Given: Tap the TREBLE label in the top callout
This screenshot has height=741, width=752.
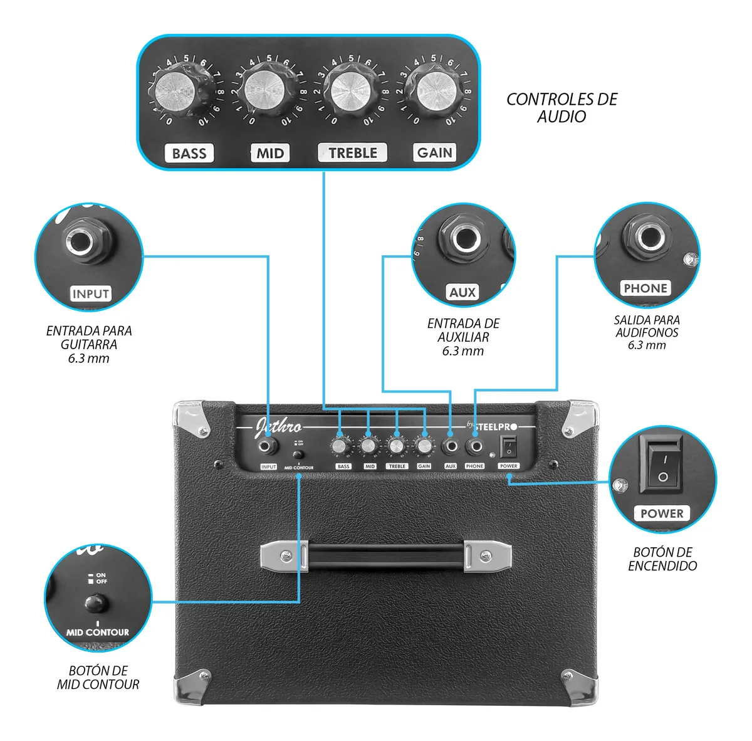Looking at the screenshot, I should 353,153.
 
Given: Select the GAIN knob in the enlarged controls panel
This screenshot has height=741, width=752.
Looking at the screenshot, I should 434,91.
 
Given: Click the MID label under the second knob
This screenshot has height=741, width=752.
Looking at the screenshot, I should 270,154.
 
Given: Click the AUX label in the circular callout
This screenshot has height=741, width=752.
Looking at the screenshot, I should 462,292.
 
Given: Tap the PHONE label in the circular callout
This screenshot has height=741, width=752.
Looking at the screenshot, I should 645,288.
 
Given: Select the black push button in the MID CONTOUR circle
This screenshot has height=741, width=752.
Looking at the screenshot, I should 95,604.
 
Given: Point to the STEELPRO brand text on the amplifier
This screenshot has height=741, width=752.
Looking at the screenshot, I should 495,426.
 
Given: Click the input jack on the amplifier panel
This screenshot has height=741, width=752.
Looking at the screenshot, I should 269,446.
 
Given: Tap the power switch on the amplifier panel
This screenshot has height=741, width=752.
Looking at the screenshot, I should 508,447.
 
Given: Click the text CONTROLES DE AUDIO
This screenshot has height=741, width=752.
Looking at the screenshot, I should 561,108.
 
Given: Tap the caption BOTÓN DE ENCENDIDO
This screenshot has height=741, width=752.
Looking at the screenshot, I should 662,559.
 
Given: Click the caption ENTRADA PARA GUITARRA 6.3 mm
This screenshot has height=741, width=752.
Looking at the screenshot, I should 89,344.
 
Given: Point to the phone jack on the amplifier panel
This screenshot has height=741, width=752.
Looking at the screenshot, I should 475,446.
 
